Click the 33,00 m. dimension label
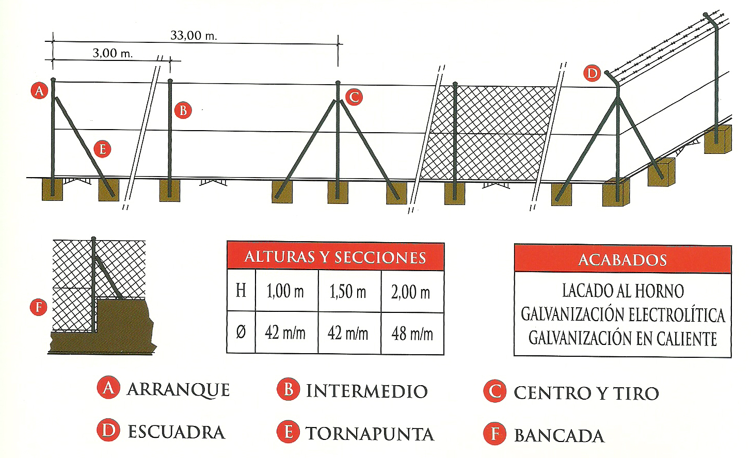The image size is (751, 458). click(x=194, y=36)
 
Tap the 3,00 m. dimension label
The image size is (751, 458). click(x=113, y=53)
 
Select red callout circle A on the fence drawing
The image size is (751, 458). click(x=40, y=90)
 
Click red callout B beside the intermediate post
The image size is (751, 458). click(x=183, y=110)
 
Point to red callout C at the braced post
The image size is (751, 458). click(x=354, y=97)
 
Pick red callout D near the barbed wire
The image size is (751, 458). click(x=592, y=73)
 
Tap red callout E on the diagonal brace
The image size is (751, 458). click(x=102, y=149)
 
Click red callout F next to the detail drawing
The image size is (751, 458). click(x=39, y=307)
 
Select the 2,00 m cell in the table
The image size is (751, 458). click(x=410, y=292)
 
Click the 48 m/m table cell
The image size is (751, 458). click(x=412, y=334)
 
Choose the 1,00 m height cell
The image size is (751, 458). click(x=285, y=291)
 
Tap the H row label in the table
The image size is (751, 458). click(x=241, y=290)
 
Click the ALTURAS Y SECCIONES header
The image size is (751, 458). click(x=335, y=257)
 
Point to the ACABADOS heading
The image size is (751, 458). click(x=622, y=260)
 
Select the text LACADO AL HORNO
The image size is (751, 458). click(x=623, y=291)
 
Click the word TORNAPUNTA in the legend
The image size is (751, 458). click(x=370, y=434)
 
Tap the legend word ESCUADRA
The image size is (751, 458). click(x=177, y=432)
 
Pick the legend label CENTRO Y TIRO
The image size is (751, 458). click(x=586, y=393)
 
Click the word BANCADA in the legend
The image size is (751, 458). click(x=559, y=435)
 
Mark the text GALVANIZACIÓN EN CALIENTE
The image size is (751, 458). click(x=622, y=338)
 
